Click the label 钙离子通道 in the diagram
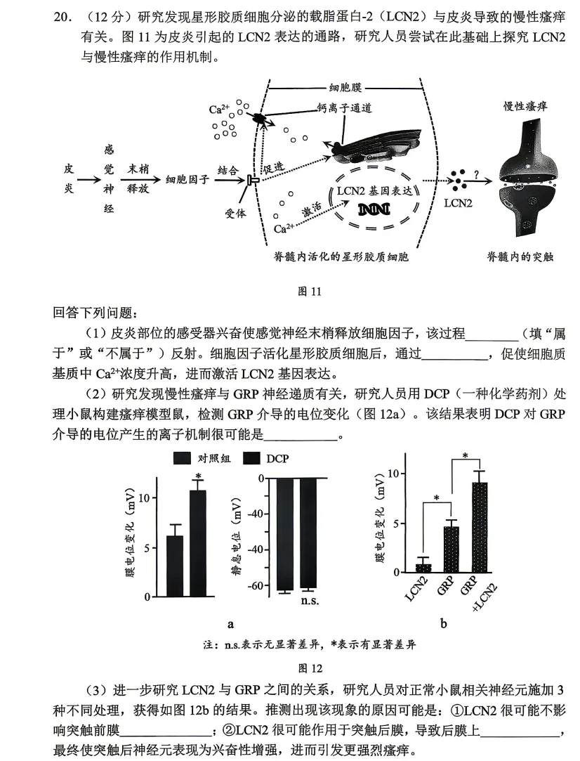(x=344, y=108)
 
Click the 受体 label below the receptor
(x=235, y=214)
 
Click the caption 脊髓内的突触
(x=520, y=256)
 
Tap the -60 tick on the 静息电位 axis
(x=259, y=585)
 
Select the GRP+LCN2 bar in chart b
(x=480, y=527)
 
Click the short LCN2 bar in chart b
(x=423, y=567)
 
